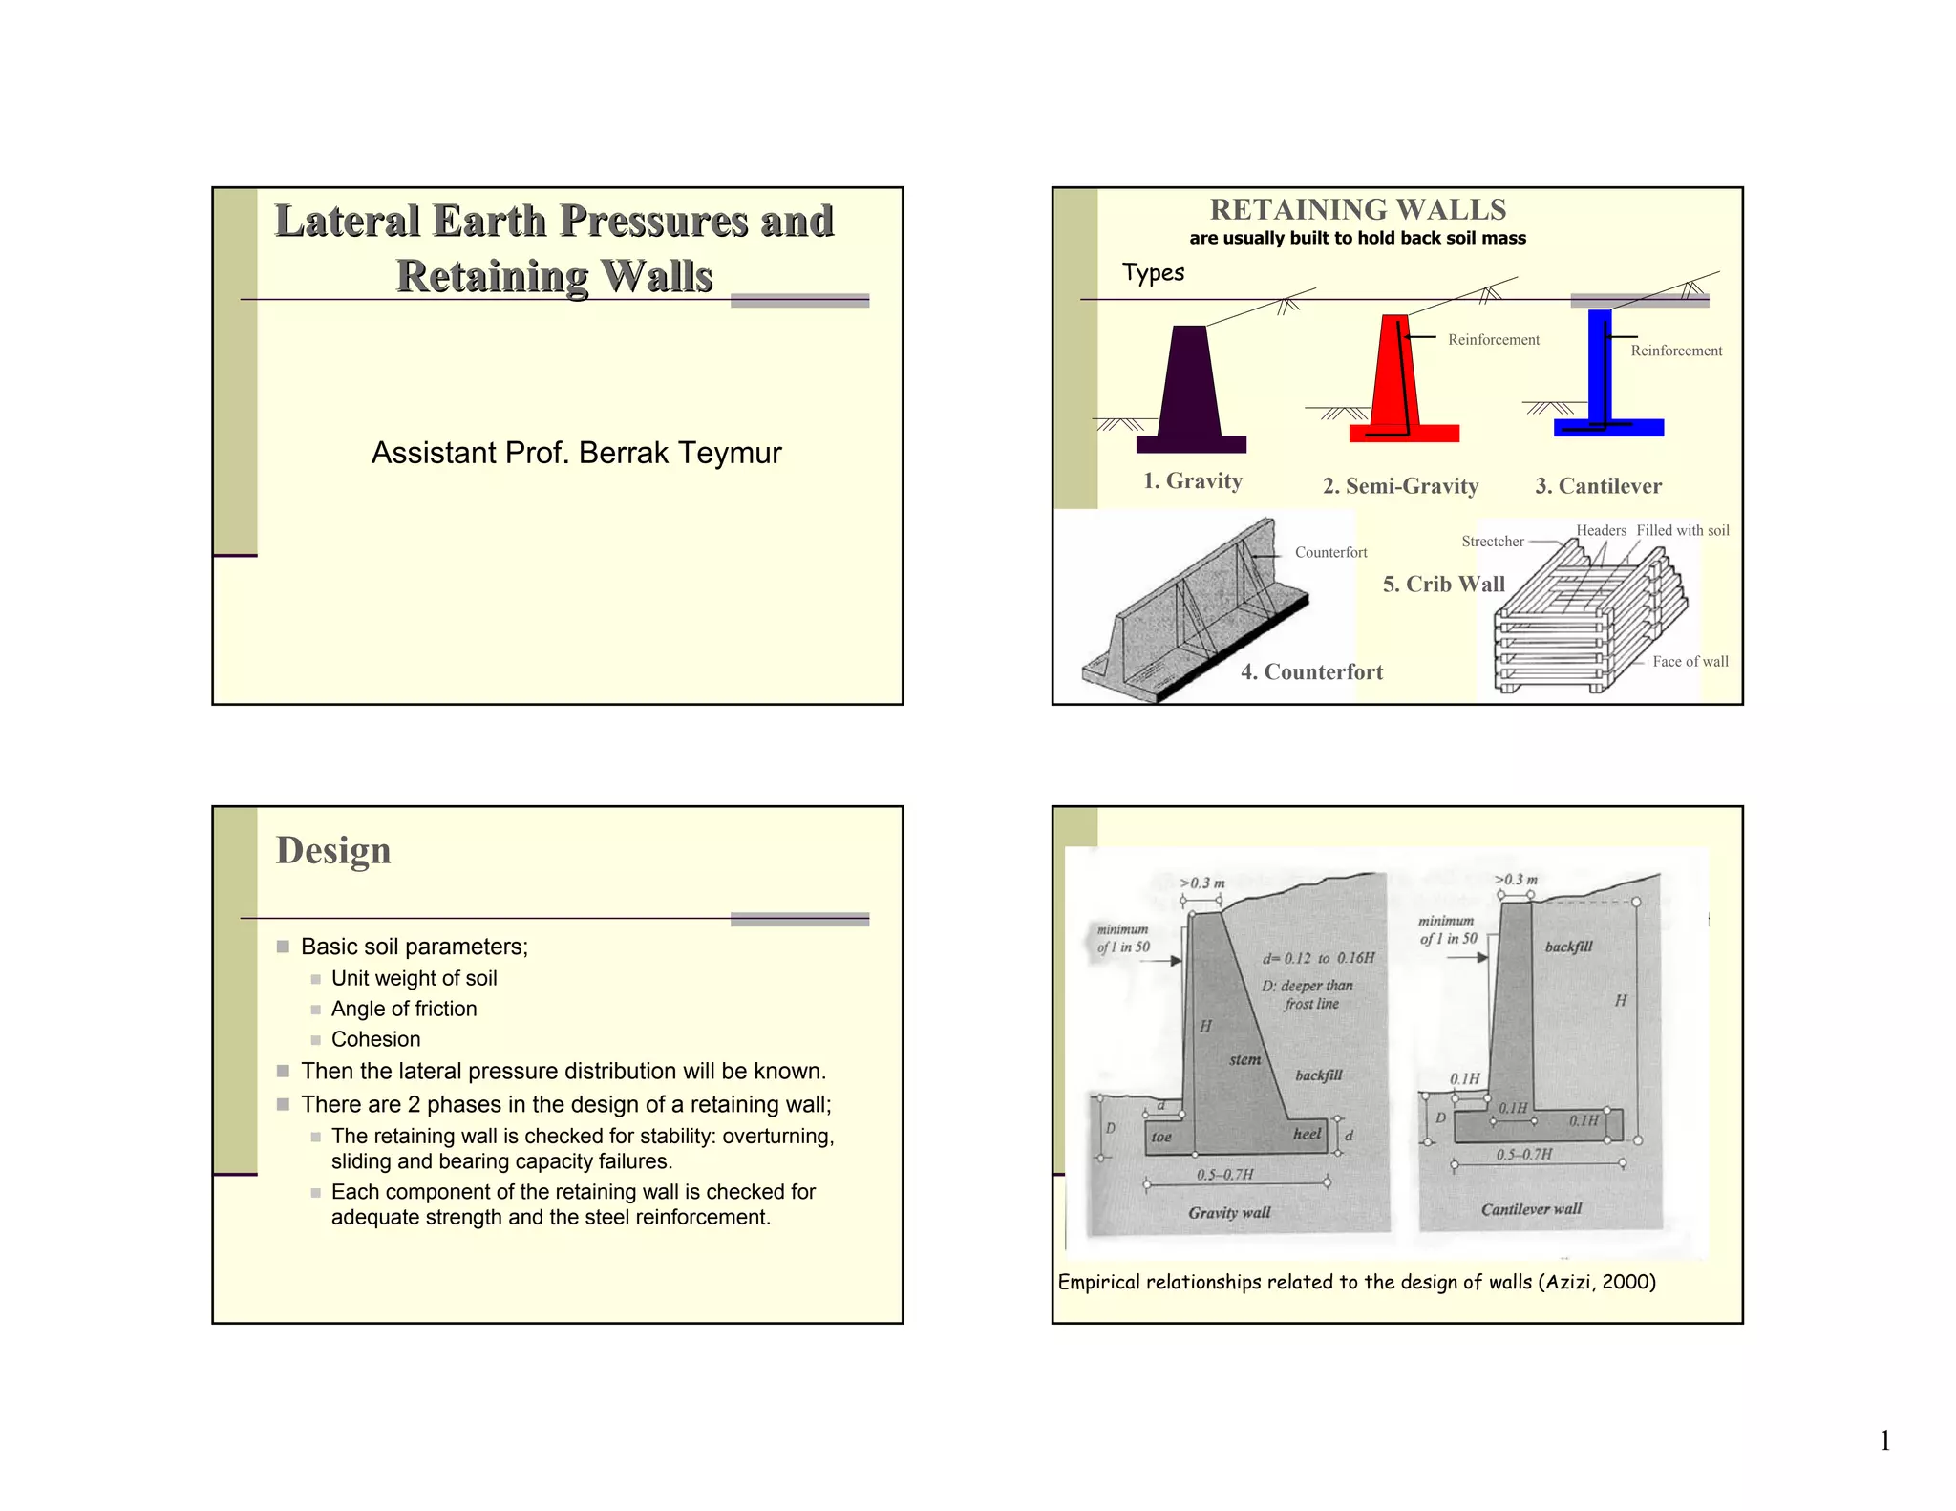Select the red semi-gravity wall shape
click(1395, 382)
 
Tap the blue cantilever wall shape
click(1600, 372)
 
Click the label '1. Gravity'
click(1193, 481)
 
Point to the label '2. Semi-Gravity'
click(1400, 486)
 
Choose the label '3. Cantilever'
click(1598, 486)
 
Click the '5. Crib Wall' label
click(1443, 585)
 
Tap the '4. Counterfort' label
click(1311, 672)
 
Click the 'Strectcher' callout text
click(1493, 542)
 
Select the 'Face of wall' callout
click(1690, 662)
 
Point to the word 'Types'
click(1153, 273)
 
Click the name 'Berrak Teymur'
click(680, 453)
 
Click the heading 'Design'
click(333, 851)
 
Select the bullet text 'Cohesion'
click(375, 1039)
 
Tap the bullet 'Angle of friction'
click(403, 1009)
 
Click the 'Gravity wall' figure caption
click(1229, 1213)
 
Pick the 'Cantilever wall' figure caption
click(1531, 1209)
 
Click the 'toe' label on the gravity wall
click(1161, 1138)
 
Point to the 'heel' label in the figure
click(1307, 1134)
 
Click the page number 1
click(1884, 1441)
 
